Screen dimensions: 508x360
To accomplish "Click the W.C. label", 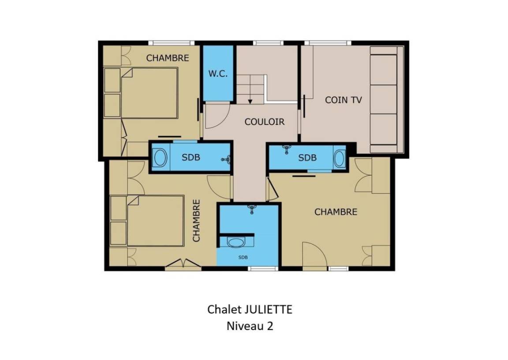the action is click(218, 74).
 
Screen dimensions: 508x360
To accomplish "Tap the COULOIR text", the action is click(265, 122).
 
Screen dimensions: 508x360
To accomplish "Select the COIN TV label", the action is click(343, 100).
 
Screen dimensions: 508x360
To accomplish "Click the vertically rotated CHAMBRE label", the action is click(196, 220).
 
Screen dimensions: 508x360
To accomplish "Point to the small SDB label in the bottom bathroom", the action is click(243, 257).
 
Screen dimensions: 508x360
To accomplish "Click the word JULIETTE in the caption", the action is click(268, 309).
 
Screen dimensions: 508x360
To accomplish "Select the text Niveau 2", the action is click(250, 326).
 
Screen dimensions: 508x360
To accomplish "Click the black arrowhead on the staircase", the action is click(250, 101).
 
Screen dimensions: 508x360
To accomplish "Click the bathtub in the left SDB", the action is click(160, 158).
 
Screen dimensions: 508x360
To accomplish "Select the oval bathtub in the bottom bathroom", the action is click(235, 242).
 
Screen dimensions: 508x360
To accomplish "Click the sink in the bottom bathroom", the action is click(252, 209).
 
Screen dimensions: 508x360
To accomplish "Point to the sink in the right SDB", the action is click(286, 149).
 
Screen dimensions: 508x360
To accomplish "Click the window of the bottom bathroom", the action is click(263, 268).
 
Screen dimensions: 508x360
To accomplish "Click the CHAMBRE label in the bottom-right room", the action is click(336, 212).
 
